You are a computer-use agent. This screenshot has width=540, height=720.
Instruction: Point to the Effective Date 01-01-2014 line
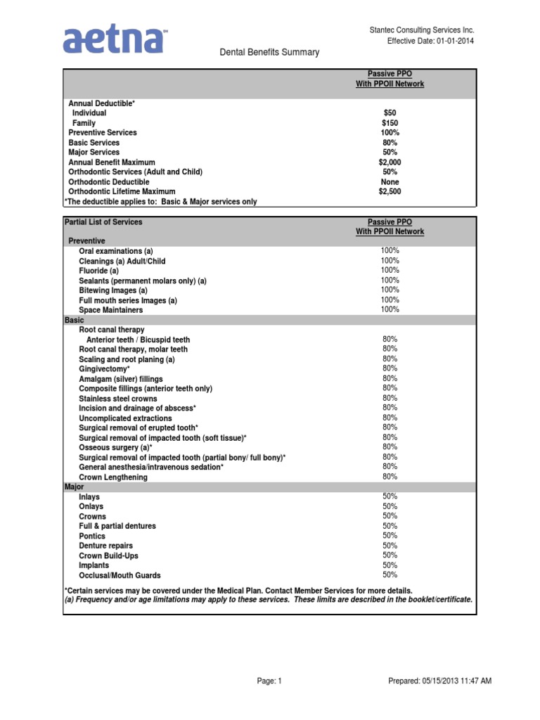coord(430,41)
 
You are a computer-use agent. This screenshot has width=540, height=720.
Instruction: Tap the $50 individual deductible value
coord(390,112)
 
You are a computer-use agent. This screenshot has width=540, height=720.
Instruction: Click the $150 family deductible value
coord(390,122)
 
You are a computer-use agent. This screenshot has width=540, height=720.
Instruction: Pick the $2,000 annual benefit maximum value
coord(390,162)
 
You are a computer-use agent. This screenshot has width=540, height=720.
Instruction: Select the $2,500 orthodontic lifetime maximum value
coord(390,191)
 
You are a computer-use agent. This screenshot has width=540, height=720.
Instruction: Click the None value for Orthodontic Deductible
coord(390,181)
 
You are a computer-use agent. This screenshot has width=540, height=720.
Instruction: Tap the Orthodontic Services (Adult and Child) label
coord(135,172)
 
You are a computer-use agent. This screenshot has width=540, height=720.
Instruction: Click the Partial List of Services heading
coord(103,221)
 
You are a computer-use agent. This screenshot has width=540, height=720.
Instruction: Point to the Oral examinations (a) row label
coord(115,251)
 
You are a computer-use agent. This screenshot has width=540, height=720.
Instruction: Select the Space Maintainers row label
coord(110,310)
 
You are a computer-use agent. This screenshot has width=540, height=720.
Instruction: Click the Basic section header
coord(74,320)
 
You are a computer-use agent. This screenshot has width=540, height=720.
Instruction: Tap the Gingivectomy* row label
coord(104,368)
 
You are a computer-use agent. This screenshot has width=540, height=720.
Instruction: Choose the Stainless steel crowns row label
coord(118,399)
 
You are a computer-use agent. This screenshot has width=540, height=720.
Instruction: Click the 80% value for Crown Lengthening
coord(390,476)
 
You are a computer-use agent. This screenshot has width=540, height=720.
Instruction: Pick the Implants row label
coord(94,565)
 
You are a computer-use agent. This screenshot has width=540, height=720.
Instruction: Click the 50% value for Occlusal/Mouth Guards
coord(390,574)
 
